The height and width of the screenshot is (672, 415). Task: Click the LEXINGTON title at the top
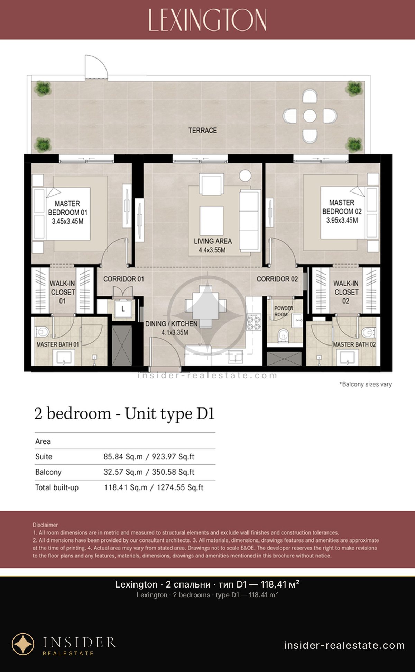pyautogui.click(x=207, y=20)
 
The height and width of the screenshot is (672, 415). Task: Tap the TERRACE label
pyautogui.click(x=203, y=131)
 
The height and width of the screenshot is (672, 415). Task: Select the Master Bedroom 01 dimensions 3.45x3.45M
pyautogui.click(x=68, y=221)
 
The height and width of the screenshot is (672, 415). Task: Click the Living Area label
pyautogui.click(x=213, y=241)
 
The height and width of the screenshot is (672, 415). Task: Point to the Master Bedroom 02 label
pyautogui.click(x=342, y=207)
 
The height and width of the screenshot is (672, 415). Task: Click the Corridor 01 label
pyautogui.click(x=123, y=279)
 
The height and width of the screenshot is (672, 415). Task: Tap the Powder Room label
pyautogui.click(x=284, y=311)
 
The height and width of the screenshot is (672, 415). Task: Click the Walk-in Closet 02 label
pyautogui.click(x=346, y=292)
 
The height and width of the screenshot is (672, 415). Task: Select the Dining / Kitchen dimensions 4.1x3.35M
pyautogui.click(x=175, y=333)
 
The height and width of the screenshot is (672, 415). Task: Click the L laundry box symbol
pyautogui.click(x=123, y=309)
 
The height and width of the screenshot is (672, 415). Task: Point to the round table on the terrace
pyautogui.click(x=310, y=116)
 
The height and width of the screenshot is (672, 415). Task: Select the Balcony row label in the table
pyautogui.click(x=48, y=472)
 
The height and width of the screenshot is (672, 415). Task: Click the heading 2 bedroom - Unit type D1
pyautogui.click(x=124, y=414)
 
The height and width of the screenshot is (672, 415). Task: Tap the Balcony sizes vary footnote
pyautogui.click(x=366, y=384)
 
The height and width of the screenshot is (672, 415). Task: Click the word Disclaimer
pyautogui.click(x=45, y=525)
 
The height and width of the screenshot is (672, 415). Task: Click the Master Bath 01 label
pyautogui.click(x=58, y=344)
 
